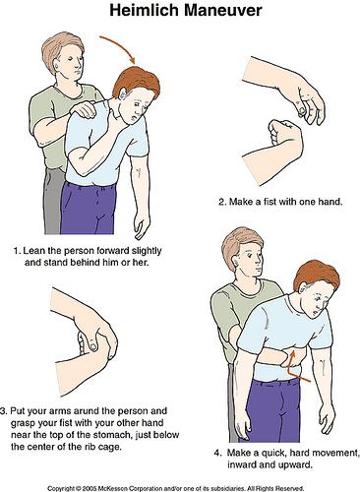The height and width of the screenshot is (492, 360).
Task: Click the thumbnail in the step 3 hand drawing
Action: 90,341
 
